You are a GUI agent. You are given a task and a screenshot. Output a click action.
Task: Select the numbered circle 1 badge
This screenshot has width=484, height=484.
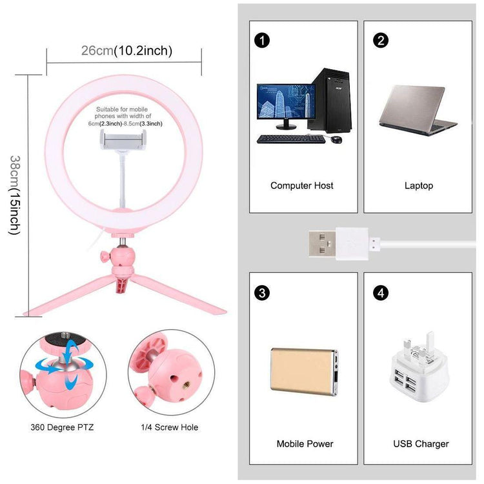(x=261, y=41)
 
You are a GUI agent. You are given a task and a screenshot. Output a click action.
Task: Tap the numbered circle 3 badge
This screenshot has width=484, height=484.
(x=261, y=292)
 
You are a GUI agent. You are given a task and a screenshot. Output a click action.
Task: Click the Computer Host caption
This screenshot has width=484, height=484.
(x=302, y=186)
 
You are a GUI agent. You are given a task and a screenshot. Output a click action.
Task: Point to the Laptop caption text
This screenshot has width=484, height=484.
(x=419, y=186)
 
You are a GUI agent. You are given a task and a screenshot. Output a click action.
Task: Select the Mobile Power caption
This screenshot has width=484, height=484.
(x=305, y=444)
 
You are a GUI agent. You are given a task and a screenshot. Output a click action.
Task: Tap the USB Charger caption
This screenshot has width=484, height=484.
(x=421, y=444)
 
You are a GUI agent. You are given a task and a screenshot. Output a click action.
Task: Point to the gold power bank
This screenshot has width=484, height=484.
(x=304, y=372)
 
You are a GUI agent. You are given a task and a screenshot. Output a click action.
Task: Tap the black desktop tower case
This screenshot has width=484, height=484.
(x=329, y=100)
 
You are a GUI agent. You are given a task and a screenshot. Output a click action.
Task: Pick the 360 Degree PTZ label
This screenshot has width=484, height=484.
(x=62, y=427)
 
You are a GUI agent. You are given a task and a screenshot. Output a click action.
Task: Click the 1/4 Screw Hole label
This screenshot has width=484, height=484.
(x=169, y=427)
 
